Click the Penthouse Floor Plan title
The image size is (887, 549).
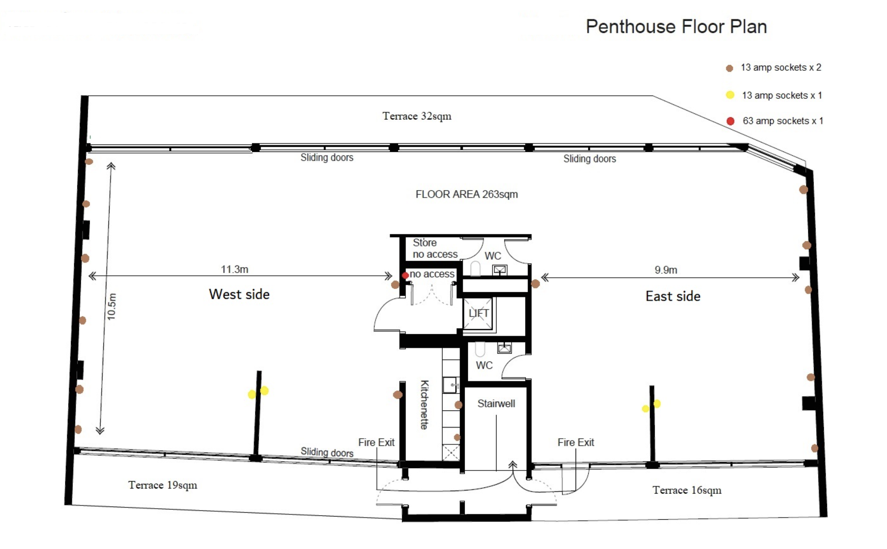click(676, 26)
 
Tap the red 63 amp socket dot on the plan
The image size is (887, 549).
click(405, 275)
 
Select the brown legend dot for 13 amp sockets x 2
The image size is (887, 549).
click(730, 68)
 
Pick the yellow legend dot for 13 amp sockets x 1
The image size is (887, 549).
click(730, 95)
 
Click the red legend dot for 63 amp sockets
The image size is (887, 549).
click(731, 121)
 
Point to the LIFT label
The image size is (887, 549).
click(478, 313)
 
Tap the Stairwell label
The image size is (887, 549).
click(496, 403)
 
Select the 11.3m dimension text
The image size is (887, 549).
click(234, 269)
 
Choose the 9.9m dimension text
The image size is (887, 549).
click(666, 270)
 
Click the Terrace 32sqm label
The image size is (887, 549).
click(417, 116)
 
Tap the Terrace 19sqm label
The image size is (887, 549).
click(162, 485)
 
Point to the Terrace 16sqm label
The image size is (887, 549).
click(687, 490)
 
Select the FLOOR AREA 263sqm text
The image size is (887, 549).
click(466, 194)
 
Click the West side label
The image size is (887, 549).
click(239, 294)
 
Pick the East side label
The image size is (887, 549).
click(673, 296)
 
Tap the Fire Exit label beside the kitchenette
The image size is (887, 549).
click(376, 442)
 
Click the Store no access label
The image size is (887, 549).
click(435, 248)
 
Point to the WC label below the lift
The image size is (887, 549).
click(484, 365)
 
